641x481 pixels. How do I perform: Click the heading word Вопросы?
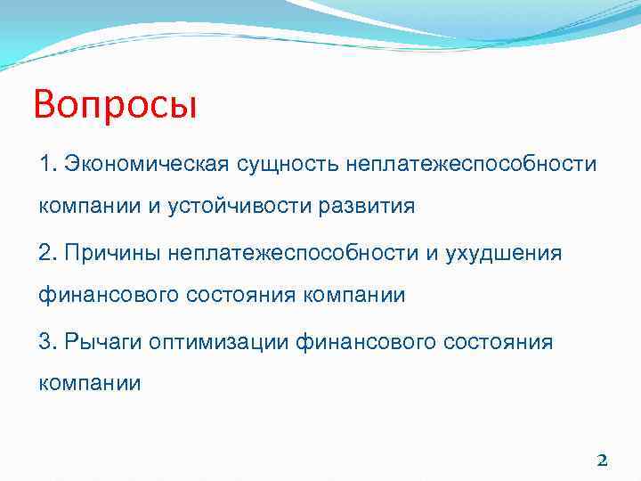tap(115, 105)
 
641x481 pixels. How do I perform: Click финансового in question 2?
tap(109, 295)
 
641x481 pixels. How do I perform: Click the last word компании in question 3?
tap(89, 383)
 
